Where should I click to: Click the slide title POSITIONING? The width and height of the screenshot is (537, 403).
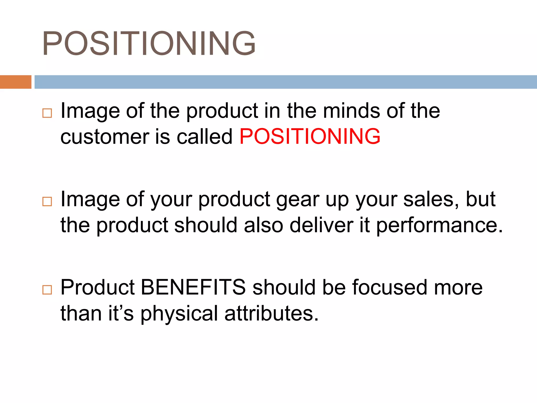tap(149, 44)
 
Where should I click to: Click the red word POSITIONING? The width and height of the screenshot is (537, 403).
tap(310, 136)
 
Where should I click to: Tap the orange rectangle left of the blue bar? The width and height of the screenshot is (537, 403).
tap(15, 82)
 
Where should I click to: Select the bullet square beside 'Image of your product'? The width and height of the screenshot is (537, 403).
tap(47, 201)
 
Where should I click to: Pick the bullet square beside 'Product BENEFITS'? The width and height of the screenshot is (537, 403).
tap(47, 290)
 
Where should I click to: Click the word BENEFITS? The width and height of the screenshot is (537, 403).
tap(194, 287)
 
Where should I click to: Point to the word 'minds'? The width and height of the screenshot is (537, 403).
tap(351, 111)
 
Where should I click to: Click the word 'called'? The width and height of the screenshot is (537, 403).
tap(205, 136)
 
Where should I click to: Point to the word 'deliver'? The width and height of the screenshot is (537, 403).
tap(321, 225)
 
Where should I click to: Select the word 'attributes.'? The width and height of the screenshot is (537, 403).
tap(271, 313)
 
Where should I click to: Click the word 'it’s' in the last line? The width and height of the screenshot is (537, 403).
tap(121, 313)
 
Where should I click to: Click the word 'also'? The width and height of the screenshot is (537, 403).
tap(264, 225)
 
